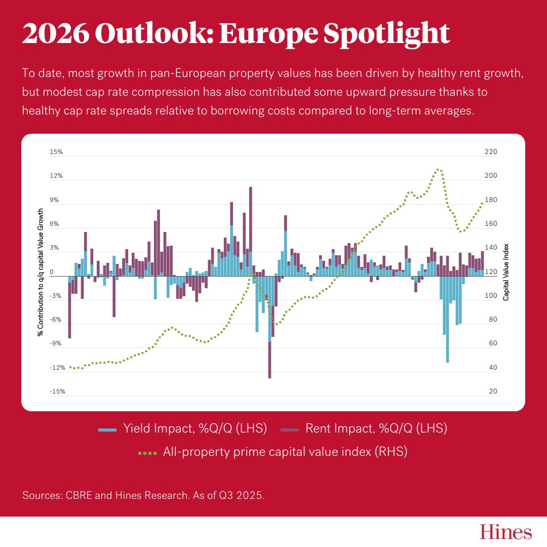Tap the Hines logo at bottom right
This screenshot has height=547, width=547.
505,532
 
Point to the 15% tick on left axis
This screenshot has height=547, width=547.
56,152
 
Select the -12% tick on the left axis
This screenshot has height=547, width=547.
57,368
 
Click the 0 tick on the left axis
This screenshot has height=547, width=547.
52,272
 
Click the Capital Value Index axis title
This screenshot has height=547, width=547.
505,272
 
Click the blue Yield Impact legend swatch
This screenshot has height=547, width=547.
107,429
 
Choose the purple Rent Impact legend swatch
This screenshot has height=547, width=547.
289,429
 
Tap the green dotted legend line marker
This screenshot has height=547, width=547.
147,452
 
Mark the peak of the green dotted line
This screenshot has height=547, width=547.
438,169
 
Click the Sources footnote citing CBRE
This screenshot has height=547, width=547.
143,495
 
